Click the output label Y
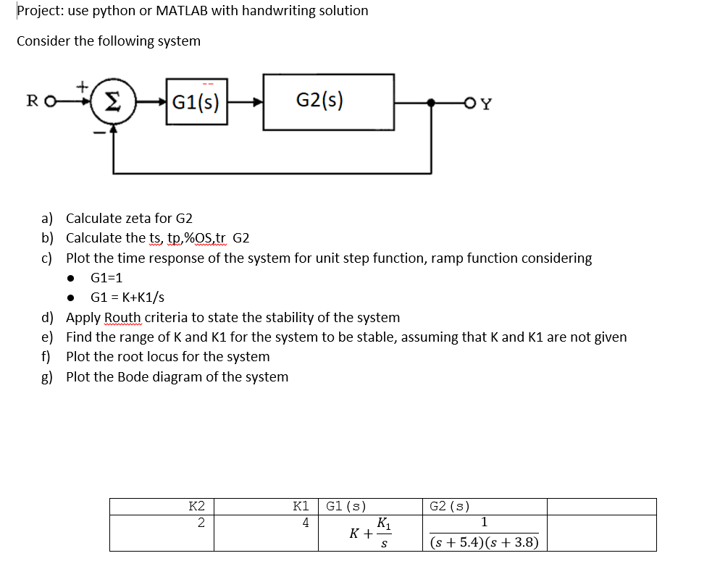486,103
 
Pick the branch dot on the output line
432,102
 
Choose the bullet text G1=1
106,277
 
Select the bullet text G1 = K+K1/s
127,297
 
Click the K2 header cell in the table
196,506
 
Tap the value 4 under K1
306,522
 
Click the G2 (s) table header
449,506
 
